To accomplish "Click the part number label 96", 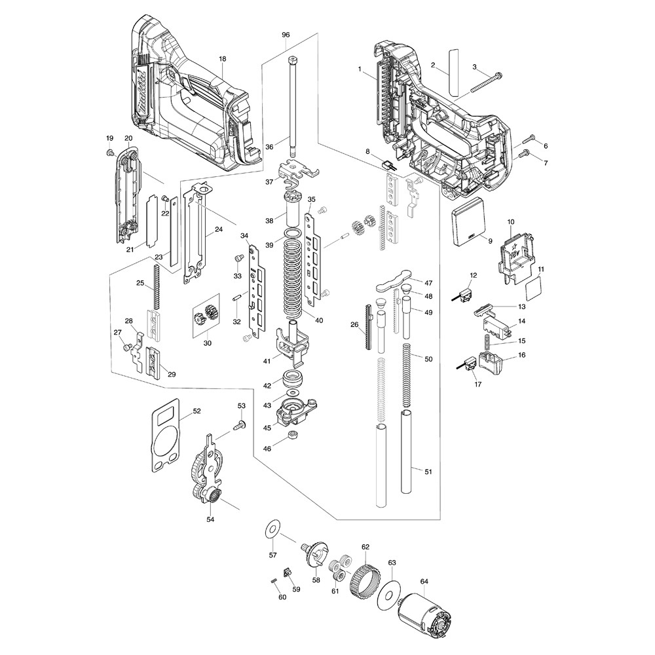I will click(285, 33).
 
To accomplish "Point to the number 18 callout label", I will click(222, 59).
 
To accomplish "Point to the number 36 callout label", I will click(269, 147).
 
